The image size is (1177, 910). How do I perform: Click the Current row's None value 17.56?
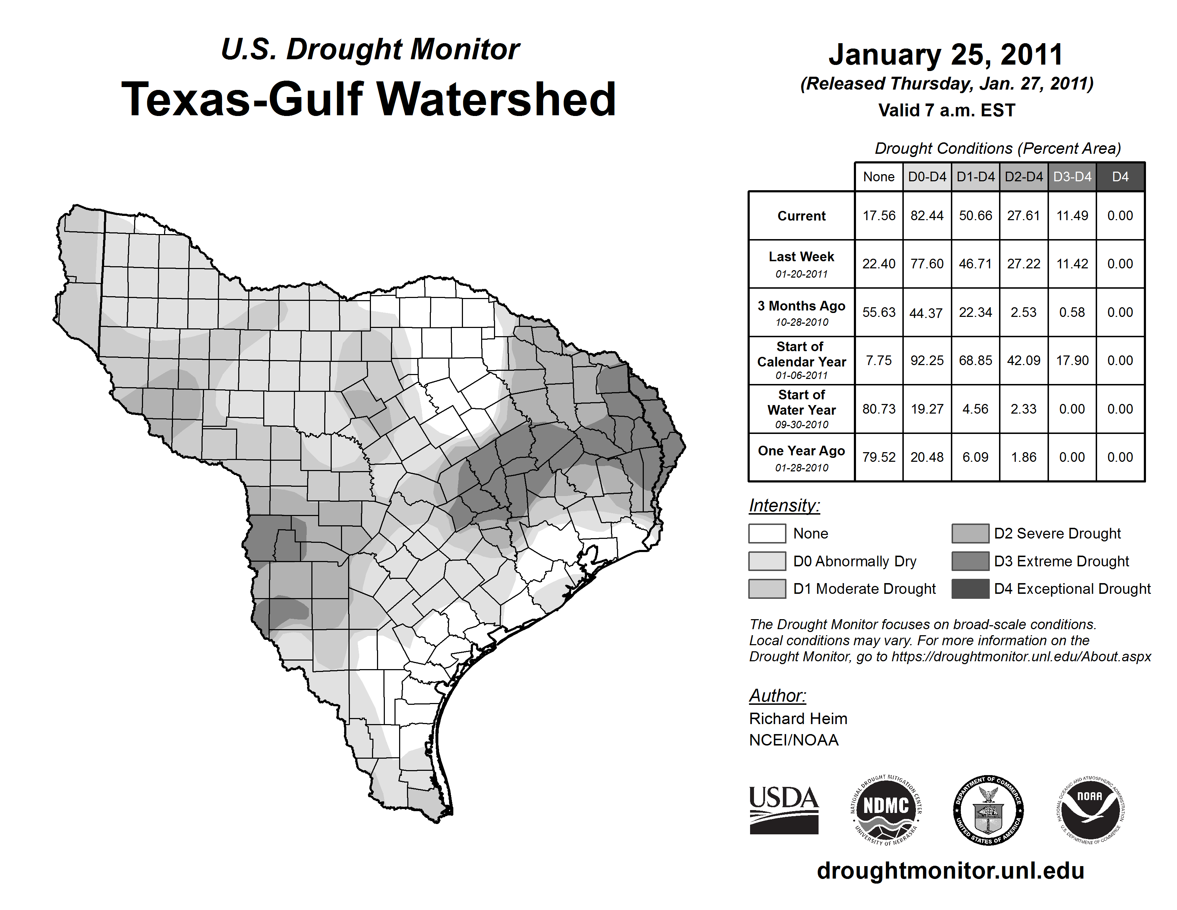click(x=878, y=216)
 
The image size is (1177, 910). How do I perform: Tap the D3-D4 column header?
click(x=1072, y=177)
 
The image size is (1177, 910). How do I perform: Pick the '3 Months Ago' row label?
click(x=801, y=313)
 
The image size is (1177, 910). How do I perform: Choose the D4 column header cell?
click(x=1120, y=177)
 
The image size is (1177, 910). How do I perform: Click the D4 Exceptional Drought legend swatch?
click(x=970, y=589)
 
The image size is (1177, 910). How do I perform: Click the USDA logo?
click(x=784, y=810)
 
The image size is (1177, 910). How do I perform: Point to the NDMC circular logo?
click(x=886, y=810)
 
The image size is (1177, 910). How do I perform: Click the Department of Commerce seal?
click(x=988, y=810)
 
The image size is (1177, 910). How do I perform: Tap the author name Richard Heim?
click(x=798, y=719)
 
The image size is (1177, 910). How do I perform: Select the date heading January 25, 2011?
click(x=946, y=55)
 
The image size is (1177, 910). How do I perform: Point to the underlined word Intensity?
click(x=784, y=506)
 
